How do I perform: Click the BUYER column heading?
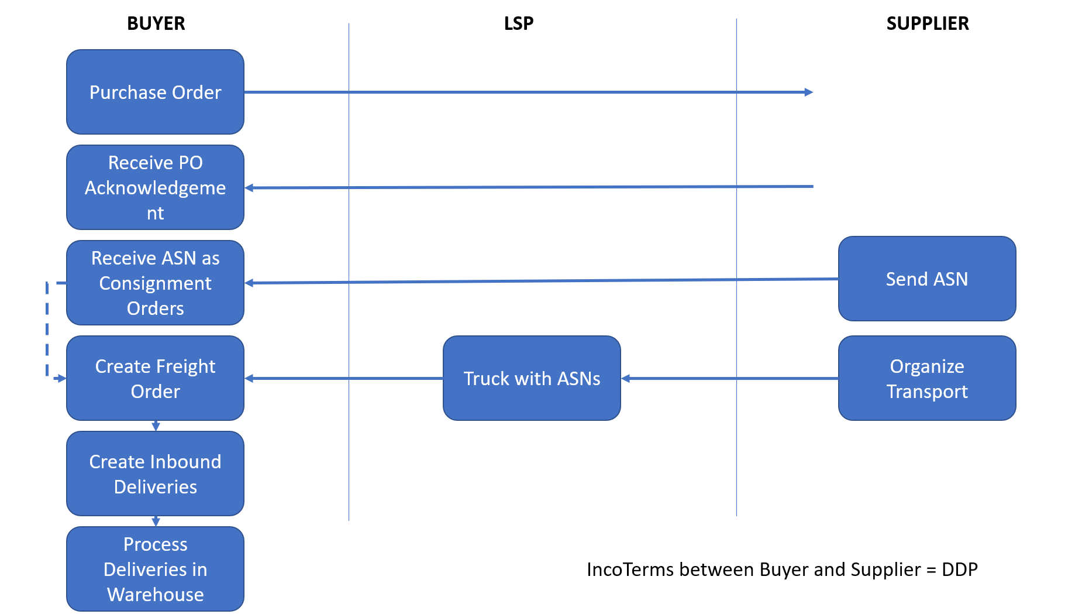[156, 23]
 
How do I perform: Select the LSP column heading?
[518, 23]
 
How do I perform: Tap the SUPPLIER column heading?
[927, 23]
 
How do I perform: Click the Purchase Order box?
[155, 92]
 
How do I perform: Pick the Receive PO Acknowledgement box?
[155, 187]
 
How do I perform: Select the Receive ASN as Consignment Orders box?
[155, 283]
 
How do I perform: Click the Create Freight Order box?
[155, 378]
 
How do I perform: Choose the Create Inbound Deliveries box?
[155, 474]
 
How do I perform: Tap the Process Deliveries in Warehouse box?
[155, 569]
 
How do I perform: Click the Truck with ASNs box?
[532, 378]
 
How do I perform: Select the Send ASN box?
[926, 279]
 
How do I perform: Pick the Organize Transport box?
[926, 378]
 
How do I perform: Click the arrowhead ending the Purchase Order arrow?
[809, 92]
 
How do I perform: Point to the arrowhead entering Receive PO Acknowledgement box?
[249, 188]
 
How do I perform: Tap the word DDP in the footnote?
[959, 570]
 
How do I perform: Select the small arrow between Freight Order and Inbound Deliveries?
[156, 426]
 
